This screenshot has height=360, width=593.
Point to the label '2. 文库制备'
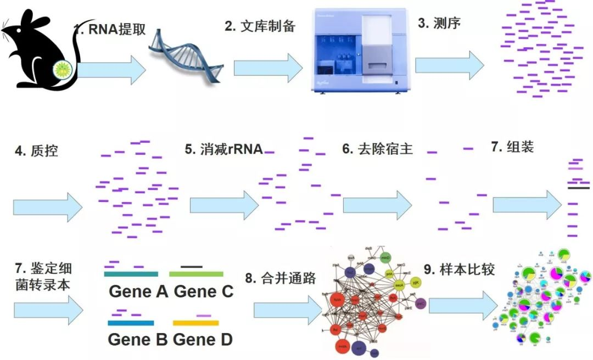click(260, 26)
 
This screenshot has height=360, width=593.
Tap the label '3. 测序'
click(439, 24)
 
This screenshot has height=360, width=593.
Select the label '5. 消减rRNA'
click(223, 150)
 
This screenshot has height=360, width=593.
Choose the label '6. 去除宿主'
click(377, 149)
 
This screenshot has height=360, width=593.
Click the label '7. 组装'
click(512, 147)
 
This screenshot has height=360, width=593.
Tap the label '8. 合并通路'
click(281, 278)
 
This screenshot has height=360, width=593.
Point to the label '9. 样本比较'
click(460, 269)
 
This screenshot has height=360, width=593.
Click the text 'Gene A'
click(138, 291)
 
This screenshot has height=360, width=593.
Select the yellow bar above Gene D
click(196, 323)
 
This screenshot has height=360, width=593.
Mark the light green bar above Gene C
click(196, 273)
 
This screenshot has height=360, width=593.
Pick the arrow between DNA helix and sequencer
click(268, 68)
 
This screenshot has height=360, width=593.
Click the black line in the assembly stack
click(579, 188)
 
